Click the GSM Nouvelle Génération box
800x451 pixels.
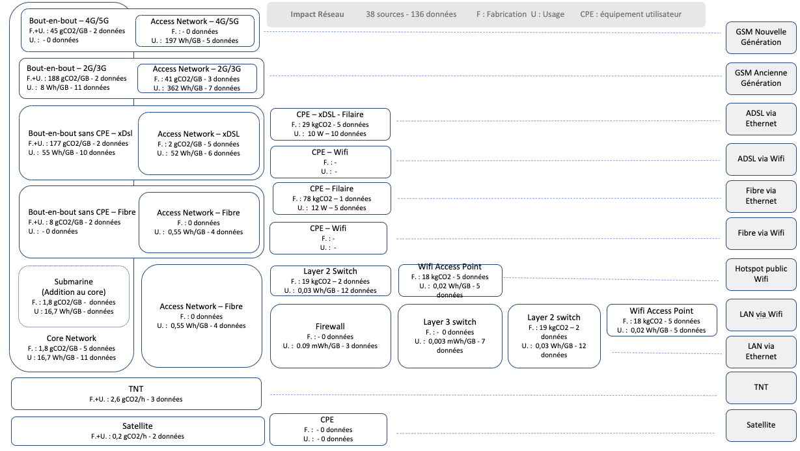pos(761,37)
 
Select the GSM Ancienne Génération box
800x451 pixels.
pos(761,78)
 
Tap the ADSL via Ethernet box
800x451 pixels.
pos(761,118)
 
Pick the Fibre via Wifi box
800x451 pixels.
pos(761,233)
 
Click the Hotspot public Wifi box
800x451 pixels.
pos(761,274)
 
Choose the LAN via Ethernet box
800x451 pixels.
pos(761,351)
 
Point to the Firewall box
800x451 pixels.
pos(331,336)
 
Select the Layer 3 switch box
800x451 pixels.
pos(450,336)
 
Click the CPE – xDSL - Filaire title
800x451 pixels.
pos(330,115)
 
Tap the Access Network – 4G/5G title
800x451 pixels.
pos(195,21)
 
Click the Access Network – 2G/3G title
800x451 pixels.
pos(197,69)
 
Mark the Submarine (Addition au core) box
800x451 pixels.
pos(74,296)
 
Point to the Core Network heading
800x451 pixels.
pos(72,338)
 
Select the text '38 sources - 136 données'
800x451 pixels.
pos(411,14)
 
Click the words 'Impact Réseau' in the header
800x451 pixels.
pos(317,14)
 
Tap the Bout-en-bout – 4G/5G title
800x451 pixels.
pos(69,21)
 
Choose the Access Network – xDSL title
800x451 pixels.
pos(199,134)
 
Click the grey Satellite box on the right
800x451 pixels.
pos(761,425)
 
